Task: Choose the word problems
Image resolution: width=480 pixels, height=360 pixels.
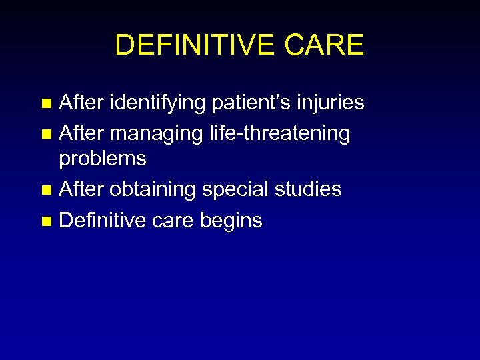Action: (103, 159)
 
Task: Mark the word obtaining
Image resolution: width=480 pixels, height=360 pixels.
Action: (153, 190)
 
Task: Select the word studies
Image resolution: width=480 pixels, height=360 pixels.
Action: (308, 189)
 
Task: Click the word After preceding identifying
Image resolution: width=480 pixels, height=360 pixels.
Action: (81, 103)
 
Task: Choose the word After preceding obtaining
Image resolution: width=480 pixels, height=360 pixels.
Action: (81, 189)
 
